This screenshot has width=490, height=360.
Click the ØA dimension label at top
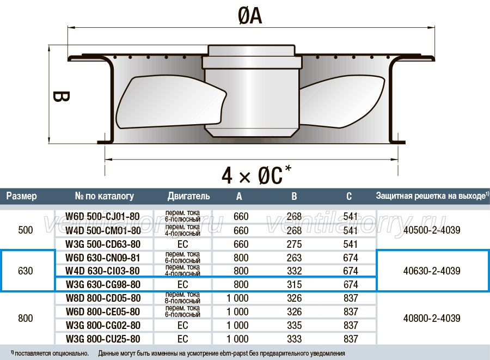tap(250, 16)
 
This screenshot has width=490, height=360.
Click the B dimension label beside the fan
tap(61, 96)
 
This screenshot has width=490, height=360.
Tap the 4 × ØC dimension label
tap(256, 175)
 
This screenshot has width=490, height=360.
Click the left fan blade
tap(170, 102)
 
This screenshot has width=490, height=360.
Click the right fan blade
tap(342, 101)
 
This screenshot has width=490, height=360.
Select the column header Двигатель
tap(188, 196)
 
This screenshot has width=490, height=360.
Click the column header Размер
tap(22, 196)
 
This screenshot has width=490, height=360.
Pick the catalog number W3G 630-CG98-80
tap(103, 284)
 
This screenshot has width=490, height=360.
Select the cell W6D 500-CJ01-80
tap(102, 216)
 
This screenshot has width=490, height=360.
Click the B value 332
tap(295, 271)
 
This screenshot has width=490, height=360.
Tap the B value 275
tap(295, 244)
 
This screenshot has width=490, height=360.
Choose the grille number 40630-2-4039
tap(432, 271)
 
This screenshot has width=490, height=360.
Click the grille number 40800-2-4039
tap(432, 318)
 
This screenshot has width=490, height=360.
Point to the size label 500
tap(25, 230)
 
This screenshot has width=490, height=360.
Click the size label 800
tap(25, 318)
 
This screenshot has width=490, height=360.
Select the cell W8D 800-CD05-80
tap(103, 298)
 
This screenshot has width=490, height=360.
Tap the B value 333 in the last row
tap(295, 339)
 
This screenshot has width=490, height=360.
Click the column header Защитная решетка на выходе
tap(431, 196)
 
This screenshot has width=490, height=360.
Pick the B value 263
tap(295, 258)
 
